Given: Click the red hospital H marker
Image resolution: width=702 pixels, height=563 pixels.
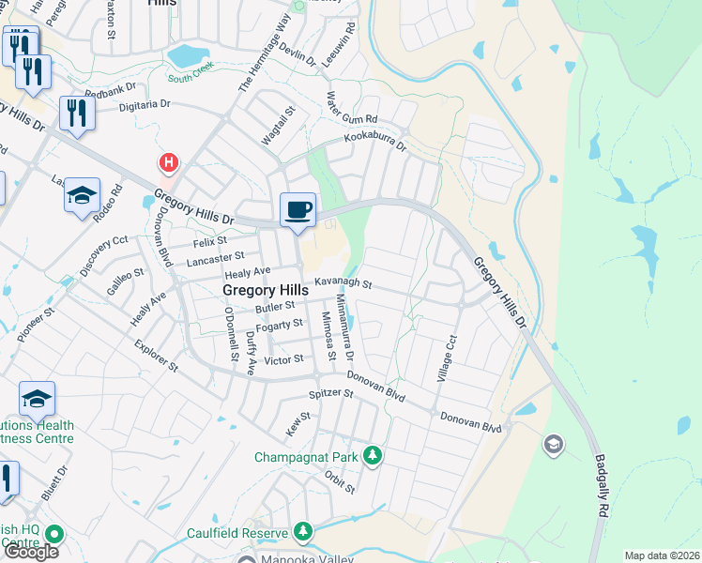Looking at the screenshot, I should [168, 163].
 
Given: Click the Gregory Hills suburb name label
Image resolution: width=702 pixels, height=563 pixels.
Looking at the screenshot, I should [266, 291].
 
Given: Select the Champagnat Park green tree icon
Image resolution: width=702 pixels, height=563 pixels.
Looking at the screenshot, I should [374, 456].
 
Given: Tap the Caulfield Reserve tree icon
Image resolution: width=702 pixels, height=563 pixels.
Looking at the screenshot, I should [303, 532].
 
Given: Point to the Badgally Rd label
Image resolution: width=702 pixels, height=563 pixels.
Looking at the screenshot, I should [600, 488].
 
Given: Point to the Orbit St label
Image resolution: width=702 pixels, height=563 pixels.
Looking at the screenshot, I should [340, 480].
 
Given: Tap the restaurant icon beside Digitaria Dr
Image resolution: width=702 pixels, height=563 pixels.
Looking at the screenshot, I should [76, 114].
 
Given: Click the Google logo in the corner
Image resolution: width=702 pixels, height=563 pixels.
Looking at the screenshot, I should [30, 551].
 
